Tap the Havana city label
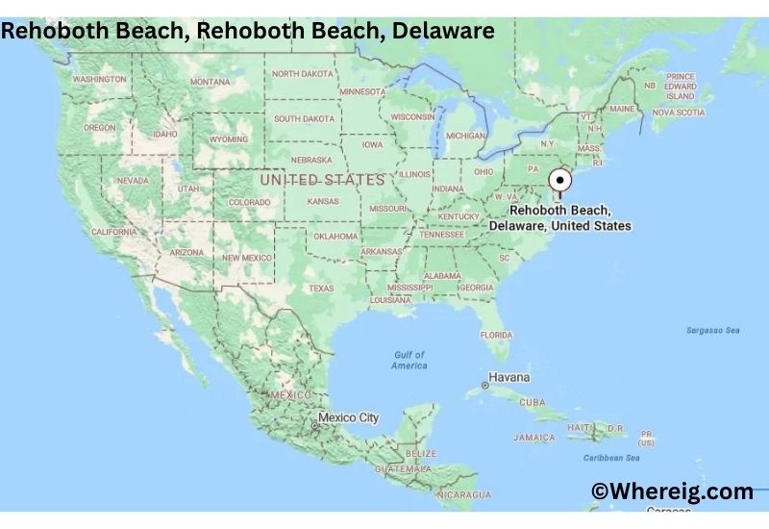[x=509, y=377]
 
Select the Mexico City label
[x=349, y=418]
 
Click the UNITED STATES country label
[x=322, y=180]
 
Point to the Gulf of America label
[x=409, y=360]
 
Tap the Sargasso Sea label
[x=712, y=330]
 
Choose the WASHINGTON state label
[x=100, y=79]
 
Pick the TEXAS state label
[x=321, y=289]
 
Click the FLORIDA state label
[x=496, y=335]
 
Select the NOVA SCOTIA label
[x=679, y=113]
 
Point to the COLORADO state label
[x=249, y=203]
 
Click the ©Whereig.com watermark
[x=672, y=491]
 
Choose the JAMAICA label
[x=533, y=438]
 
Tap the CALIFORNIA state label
[x=113, y=232]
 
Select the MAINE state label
[x=622, y=110]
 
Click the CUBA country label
[x=532, y=402]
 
